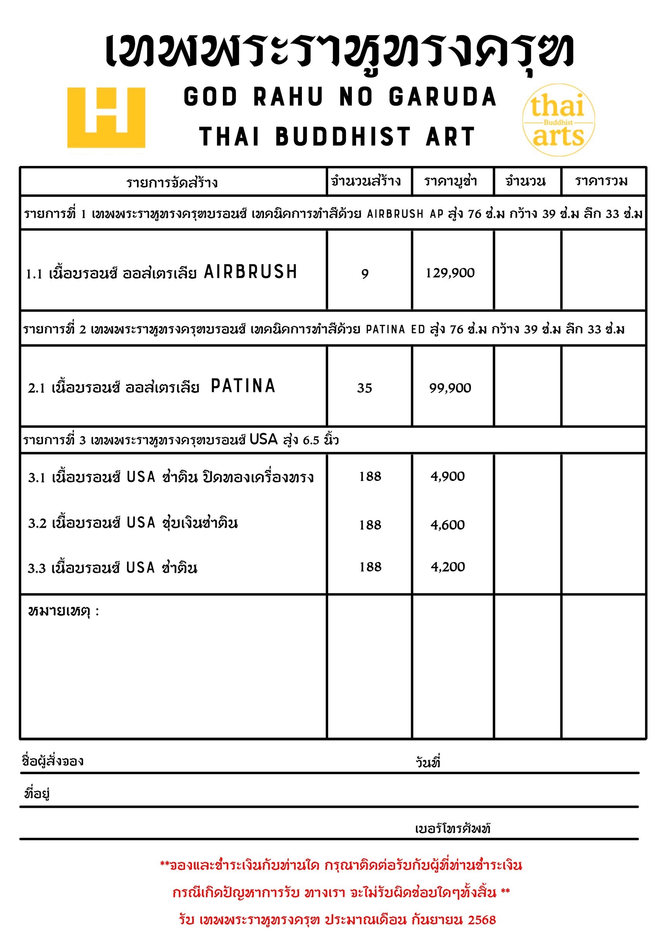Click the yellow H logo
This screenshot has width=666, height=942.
coord(106,117)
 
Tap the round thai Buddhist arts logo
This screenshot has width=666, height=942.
coord(558,120)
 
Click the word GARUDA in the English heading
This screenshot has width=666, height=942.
coord(443,97)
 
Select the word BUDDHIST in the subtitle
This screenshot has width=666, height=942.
coord(342,136)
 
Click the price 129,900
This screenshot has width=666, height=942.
coord(450,273)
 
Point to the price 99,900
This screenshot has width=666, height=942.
coord(450,388)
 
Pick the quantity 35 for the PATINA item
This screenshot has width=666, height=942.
coord(365,388)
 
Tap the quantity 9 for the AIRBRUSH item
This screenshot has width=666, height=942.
coord(365,274)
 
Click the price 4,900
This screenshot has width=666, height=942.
coord(448,476)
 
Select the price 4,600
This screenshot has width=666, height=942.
coord(448,525)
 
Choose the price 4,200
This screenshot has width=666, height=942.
coord(448,567)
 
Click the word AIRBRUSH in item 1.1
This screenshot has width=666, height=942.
coord(251,272)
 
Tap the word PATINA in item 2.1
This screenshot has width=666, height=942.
coord(243,386)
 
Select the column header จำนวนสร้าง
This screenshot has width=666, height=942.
coord(366,181)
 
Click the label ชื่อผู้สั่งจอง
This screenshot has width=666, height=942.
coord(53,761)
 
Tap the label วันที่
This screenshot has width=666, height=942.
coord(428,762)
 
